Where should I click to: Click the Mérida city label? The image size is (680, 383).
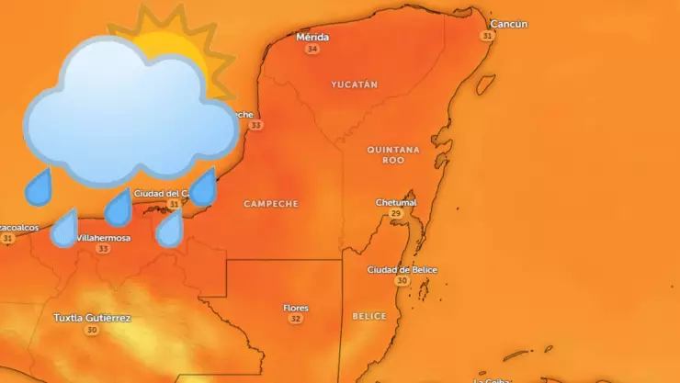pyautogui.click(x=312, y=38)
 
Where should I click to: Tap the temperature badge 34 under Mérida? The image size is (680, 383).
pyautogui.click(x=312, y=49)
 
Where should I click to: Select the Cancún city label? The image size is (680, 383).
pyautogui.click(x=509, y=24)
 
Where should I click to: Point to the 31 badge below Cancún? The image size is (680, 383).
pyautogui.click(x=487, y=35)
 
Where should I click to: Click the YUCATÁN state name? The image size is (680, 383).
pyautogui.click(x=354, y=84)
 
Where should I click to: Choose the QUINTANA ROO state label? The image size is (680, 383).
pyautogui.click(x=393, y=154)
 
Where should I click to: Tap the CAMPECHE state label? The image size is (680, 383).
pyautogui.click(x=271, y=204)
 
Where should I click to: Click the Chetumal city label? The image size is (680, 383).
pyautogui.click(x=396, y=202)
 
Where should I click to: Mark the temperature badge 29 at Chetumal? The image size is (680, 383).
pyautogui.click(x=396, y=213)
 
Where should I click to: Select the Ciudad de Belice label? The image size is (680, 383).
pyautogui.click(x=402, y=270)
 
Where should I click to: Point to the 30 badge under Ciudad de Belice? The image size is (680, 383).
pyautogui.click(x=402, y=281)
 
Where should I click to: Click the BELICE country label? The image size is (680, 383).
pyautogui.click(x=369, y=316)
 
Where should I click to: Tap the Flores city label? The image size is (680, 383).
pyautogui.click(x=296, y=308)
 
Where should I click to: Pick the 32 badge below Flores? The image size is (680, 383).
pyautogui.click(x=295, y=319)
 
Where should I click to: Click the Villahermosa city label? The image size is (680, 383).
pyautogui.click(x=103, y=238)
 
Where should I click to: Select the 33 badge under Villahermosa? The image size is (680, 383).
pyautogui.click(x=103, y=249)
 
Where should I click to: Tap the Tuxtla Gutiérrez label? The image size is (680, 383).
pyautogui.click(x=92, y=318)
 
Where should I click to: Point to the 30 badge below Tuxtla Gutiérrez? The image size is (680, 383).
pyautogui.click(x=91, y=330)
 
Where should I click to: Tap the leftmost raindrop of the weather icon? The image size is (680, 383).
pyautogui.click(x=39, y=188)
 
